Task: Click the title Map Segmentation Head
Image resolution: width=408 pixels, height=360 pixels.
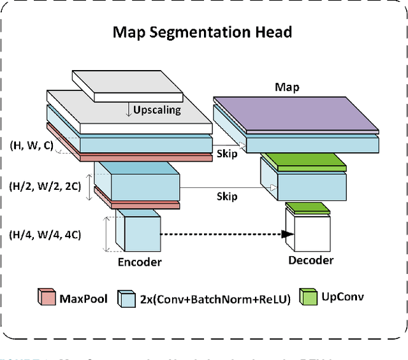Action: click(203, 32)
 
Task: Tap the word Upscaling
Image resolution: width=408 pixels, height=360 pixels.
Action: click(157, 110)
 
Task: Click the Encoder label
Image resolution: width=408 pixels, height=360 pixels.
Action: click(140, 262)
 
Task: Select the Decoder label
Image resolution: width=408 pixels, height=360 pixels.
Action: click(310, 260)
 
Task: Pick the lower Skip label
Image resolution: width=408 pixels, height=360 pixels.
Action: click(226, 196)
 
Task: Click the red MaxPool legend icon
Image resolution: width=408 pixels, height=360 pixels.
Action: click(47, 298)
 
